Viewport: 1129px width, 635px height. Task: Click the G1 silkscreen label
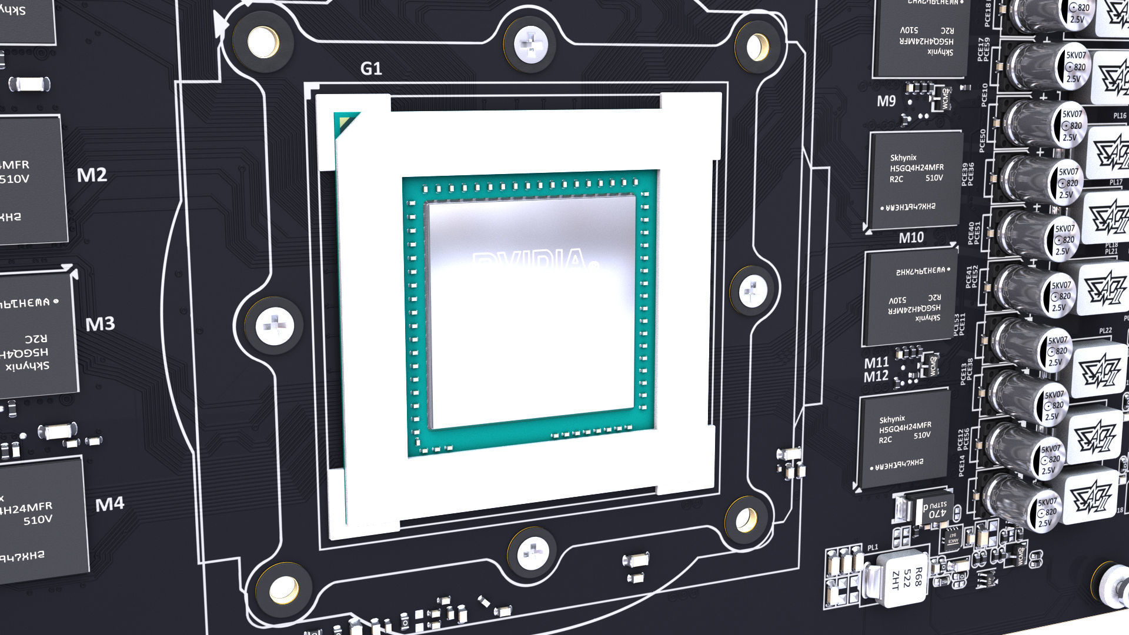[371, 69]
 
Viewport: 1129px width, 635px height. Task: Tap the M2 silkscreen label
[92, 175]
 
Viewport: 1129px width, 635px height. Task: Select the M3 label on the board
[100, 324]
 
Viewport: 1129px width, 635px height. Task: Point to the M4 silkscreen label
[110, 504]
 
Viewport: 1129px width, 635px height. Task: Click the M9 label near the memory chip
[886, 101]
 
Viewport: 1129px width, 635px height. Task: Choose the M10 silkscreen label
[911, 238]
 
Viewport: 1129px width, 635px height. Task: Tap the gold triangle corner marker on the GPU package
[345, 125]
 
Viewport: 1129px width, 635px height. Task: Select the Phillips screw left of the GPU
[275, 325]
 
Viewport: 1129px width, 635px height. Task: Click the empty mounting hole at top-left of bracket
[263, 42]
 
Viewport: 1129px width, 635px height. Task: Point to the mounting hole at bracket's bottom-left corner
[284, 590]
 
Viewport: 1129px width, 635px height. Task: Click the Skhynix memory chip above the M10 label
[916, 181]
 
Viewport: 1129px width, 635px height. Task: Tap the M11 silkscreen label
[876, 363]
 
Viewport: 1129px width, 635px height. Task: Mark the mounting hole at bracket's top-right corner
[757, 46]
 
